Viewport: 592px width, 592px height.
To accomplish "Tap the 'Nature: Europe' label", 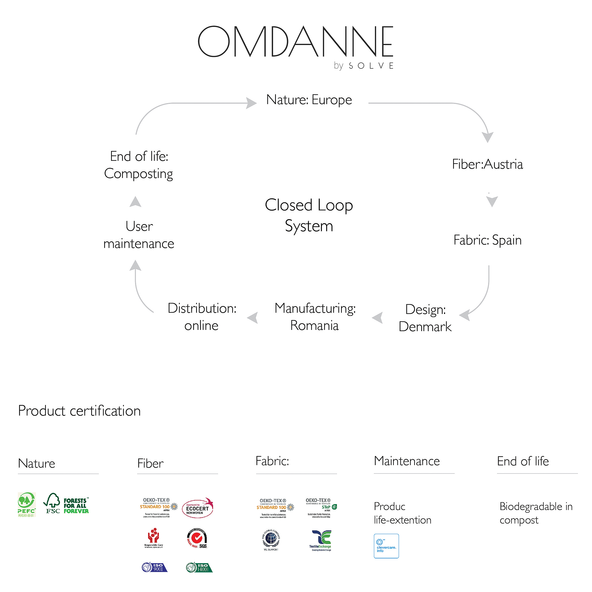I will pos(309,100).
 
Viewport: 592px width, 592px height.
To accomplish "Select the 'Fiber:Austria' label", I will pos(487,164).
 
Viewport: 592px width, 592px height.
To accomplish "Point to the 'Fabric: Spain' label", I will pos(487,240).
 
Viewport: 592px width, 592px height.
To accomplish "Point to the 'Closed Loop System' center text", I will pos(309,215).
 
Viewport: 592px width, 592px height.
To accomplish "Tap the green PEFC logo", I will pos(27,504).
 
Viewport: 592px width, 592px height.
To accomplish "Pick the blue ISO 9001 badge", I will pos(154,567).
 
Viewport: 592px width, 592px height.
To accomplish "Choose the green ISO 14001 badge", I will pos(199,567).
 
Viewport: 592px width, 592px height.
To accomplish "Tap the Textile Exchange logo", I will pos(320,540).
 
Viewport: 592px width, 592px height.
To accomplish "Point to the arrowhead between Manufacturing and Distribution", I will pos(253,318).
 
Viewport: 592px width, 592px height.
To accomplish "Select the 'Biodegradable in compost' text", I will pos(536,513).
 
